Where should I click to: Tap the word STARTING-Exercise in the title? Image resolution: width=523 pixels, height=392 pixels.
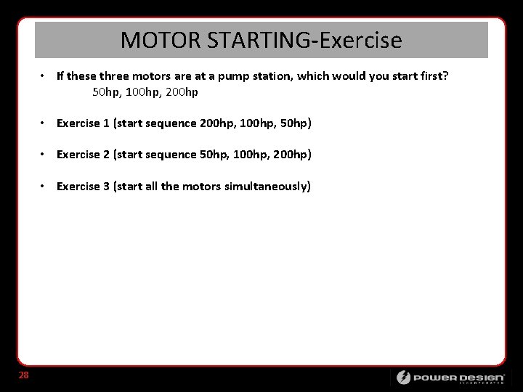(x=304, y=40)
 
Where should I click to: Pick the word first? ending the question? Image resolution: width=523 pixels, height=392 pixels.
(x=434, y=76)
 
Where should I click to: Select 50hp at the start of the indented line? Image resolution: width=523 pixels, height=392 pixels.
(x=106, y=92)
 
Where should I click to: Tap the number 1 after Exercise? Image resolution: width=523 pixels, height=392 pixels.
(x=105, y=123)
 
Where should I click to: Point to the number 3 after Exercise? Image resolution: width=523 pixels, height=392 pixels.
(x=106, y=187)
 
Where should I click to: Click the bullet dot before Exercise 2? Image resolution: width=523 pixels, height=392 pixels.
(x=44, y=155)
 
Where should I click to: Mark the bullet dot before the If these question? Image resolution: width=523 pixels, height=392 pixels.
(x=44, y=76)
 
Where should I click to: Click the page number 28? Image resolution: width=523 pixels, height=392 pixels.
(x=23, y=375)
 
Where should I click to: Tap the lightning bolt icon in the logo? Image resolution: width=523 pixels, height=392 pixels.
(x=403, y=377)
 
